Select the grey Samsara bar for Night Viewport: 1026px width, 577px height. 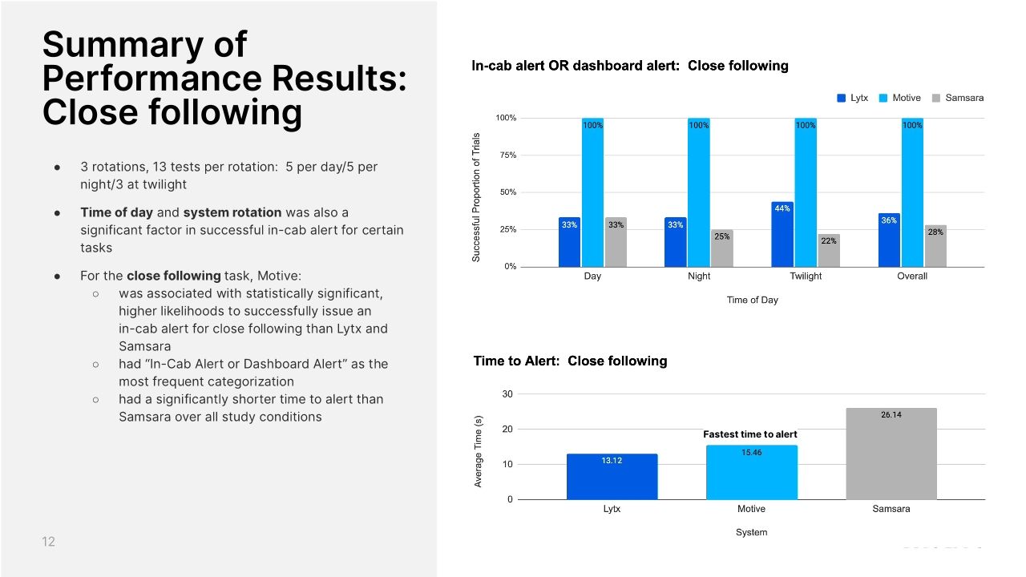[721, 248]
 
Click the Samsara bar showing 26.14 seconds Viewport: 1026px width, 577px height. [891, 454]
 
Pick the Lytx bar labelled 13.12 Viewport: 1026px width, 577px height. [612, 477]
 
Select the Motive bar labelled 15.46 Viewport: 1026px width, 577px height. [751, 472]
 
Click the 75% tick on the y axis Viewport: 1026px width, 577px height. [506, 155]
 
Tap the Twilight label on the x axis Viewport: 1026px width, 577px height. [805, 276]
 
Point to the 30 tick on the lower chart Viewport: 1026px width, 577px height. [507, 394]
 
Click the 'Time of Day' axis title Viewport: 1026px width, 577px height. [753, 301]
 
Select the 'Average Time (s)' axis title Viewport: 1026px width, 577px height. [479, 452]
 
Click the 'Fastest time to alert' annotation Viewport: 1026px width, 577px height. [749, 434]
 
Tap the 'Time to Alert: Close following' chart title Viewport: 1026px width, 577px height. [570, 361]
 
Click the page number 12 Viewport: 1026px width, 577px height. [49, 543]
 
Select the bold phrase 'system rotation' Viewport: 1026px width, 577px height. [232, 212]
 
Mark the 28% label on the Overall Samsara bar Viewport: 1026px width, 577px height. [935, 232]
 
